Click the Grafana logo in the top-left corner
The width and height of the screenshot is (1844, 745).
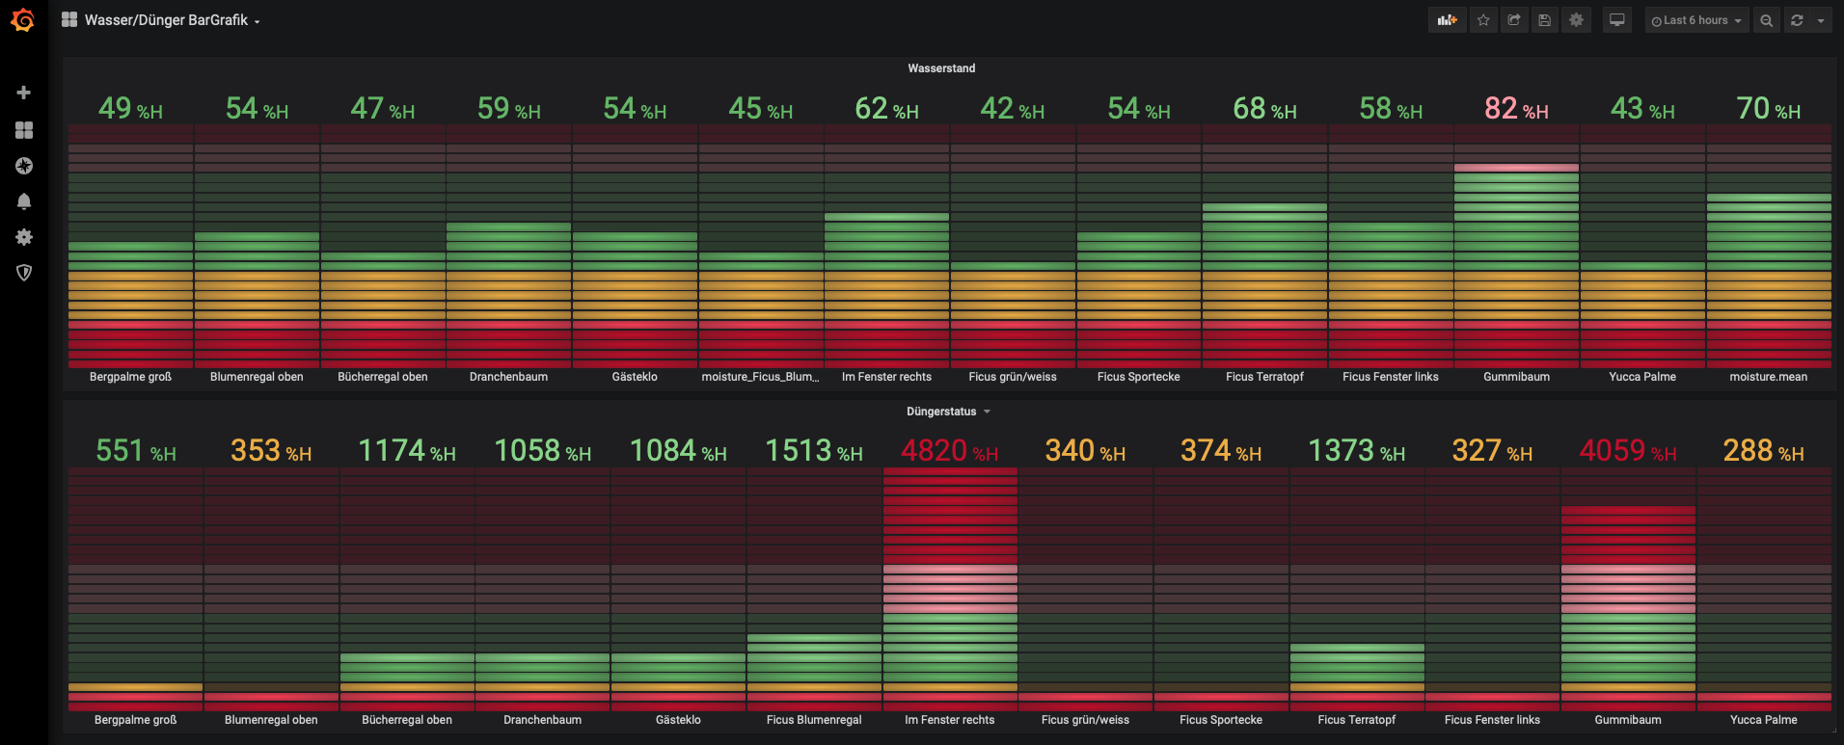click(x=23, y=20)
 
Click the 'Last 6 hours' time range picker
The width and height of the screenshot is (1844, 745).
click(x=1696, y=20)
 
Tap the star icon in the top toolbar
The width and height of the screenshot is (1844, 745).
click(x=1483, y=20)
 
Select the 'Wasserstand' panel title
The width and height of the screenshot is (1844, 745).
click(x=941, y=68)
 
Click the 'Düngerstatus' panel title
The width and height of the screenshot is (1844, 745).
click(x=941, y=412)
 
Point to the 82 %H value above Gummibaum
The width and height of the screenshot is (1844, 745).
click(x=1516, y=109)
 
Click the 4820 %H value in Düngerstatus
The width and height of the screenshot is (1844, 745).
click(x=950, y=451)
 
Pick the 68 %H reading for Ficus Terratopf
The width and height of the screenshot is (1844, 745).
click(x=1264, y=109)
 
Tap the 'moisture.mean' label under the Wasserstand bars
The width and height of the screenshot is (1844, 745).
click(x=1769, y=377)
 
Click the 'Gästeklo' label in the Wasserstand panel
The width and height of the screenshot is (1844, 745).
click(x=635, y=377)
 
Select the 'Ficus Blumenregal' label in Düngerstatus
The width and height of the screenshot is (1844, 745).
click(x=814, y=720)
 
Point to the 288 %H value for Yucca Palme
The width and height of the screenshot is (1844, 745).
click(x=1763, y=451)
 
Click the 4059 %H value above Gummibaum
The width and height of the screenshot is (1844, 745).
click(x=1628, y=451)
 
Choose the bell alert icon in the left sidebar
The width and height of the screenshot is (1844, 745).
click(x=24, y=201)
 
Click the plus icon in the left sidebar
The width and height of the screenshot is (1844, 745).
click(x=24, y=93)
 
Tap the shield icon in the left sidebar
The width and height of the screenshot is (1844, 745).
click(x=24, y=273)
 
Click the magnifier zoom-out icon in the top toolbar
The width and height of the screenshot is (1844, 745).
click(x=1766, y=20)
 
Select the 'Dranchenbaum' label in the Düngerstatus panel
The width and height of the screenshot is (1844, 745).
click(x=543, y=720)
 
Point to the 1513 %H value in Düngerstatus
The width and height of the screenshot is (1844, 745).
click(x=814, y=451)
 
